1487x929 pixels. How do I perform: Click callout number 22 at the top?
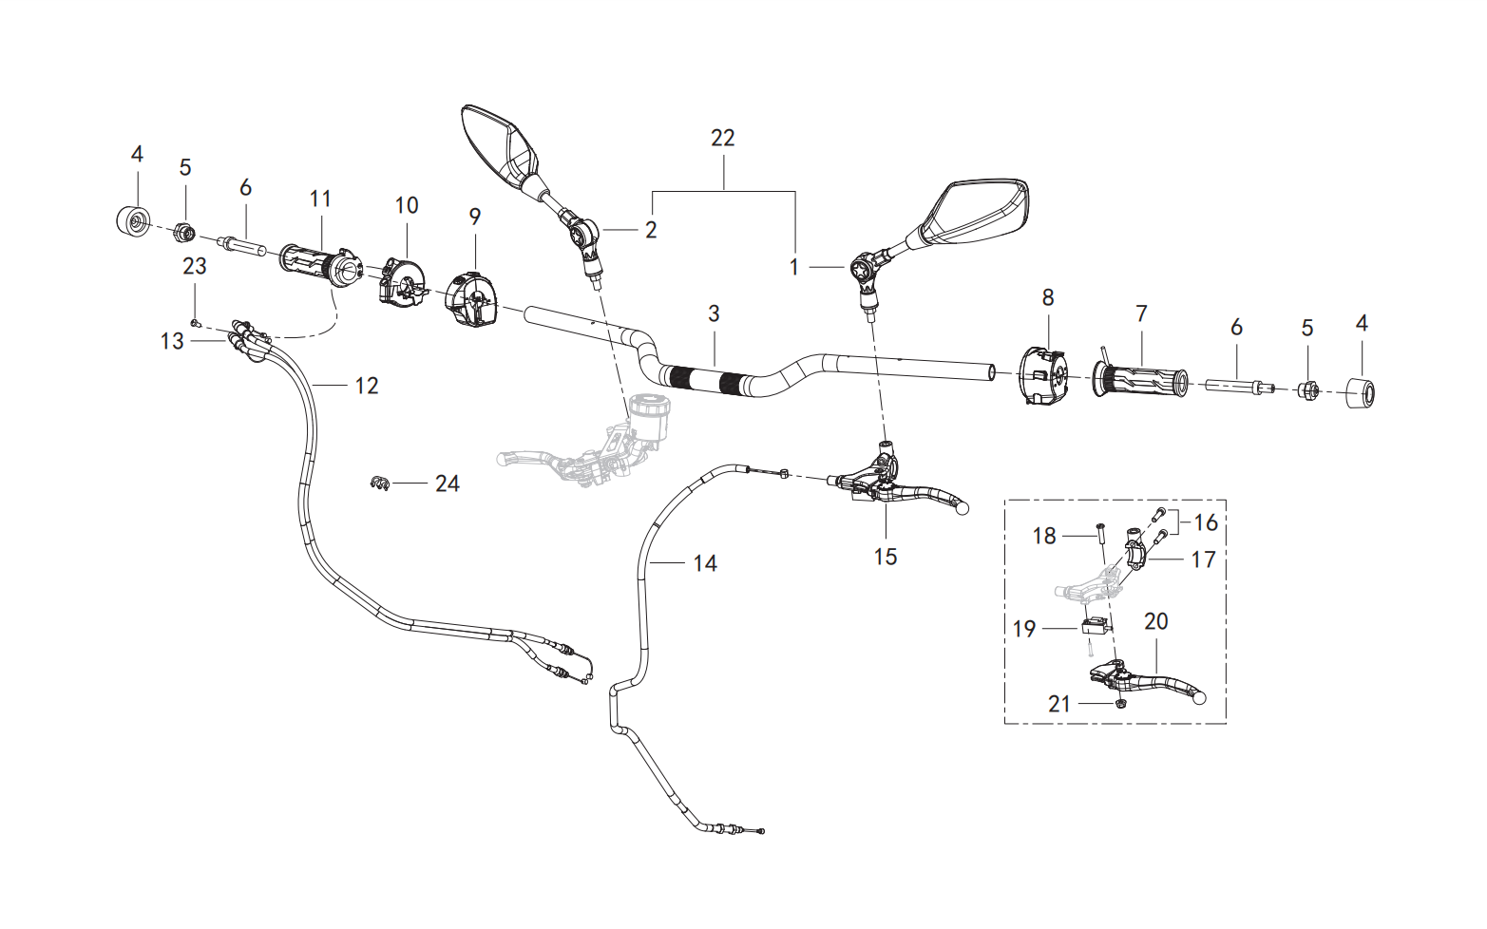[723, 138]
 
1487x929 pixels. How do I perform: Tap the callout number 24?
[448, 483]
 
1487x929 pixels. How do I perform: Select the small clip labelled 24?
[378, 483]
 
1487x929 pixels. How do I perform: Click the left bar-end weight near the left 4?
[133, 220]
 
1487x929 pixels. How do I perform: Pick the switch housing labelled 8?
[1043, 376]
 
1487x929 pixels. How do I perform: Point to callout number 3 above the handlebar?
[715, 313]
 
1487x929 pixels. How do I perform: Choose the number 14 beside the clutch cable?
[705, 564]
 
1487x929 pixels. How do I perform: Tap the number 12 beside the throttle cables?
[367, 386]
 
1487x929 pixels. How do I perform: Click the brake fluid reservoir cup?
[649, 417]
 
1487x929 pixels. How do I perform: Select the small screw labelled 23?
[195, 323]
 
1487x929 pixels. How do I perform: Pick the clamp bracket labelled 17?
[1135, 550]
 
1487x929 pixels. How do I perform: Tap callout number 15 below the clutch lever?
[886, 557]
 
